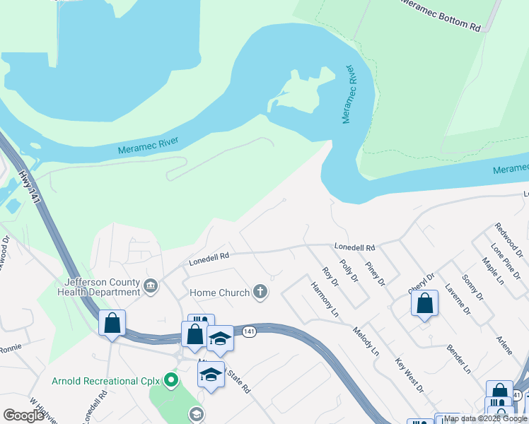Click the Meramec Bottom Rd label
(441, 15)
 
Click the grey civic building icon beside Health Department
(150, 286)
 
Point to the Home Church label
(219, 293)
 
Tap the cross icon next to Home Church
(260, 292)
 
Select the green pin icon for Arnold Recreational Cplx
(170, 381)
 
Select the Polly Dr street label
(349, 270)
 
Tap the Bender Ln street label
(458, 359)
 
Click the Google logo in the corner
(24, 416)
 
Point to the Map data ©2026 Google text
(486, 418)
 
